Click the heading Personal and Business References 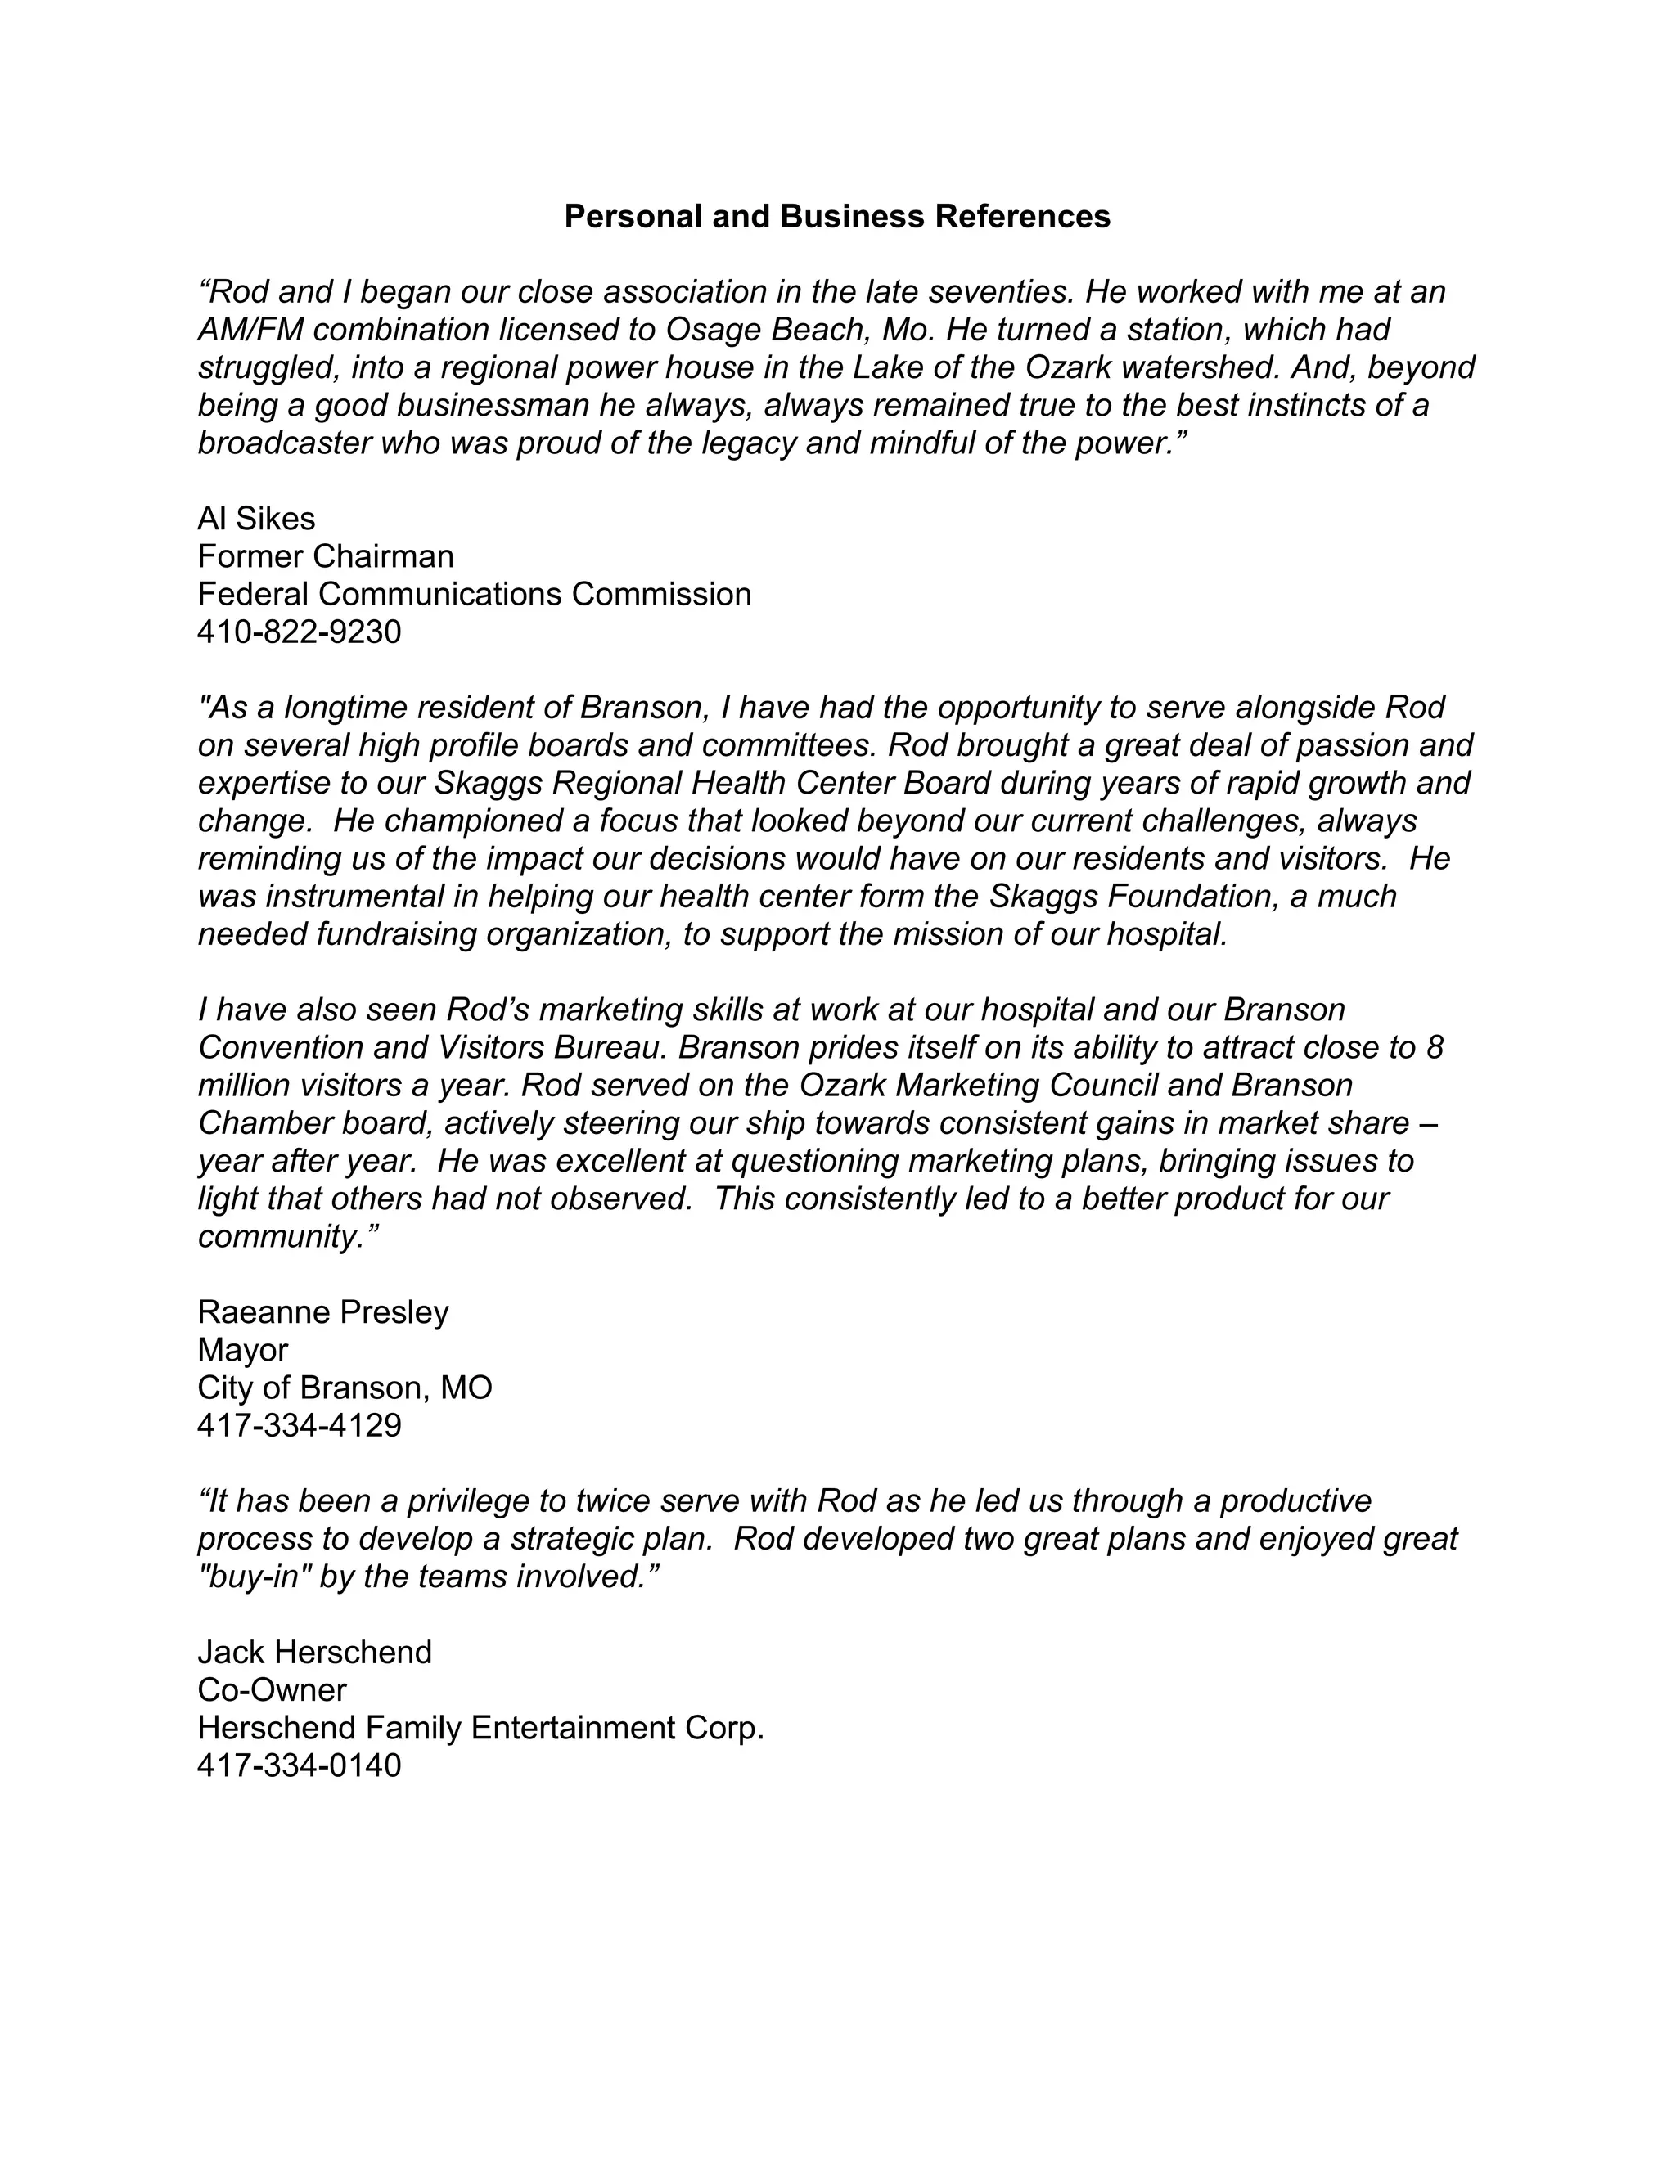(837, 217)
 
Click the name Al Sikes (256, 518)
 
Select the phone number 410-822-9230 (299, 632)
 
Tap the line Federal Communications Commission (474, 594)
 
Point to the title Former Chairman (325, 555)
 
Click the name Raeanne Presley (322, 1311)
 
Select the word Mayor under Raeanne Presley (242, 1349)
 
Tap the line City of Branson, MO (345, 1387)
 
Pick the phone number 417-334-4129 (299, 1424)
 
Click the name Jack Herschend (315, 1652)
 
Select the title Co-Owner (272, 1689)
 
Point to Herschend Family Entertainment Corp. (480, 1727)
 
